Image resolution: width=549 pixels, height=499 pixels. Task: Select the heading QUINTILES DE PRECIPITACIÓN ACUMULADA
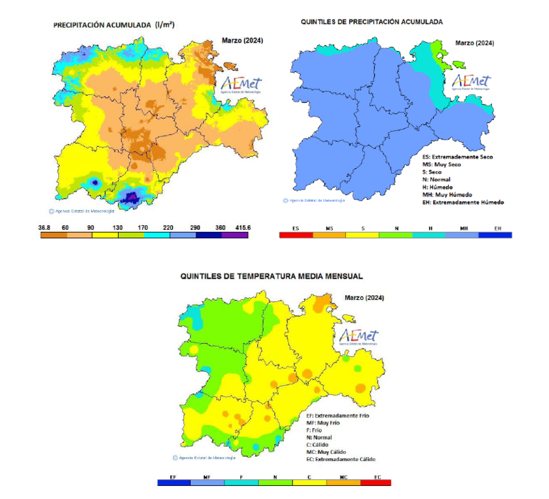tap(372, 22)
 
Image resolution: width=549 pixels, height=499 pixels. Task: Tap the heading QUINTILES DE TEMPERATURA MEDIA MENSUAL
tap(272, 276)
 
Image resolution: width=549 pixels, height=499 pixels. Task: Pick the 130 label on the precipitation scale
tap(118, 227)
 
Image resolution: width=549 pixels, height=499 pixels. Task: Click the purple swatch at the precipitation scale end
tap(235, 235)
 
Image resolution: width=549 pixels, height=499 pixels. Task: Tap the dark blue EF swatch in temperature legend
tap(174, 483)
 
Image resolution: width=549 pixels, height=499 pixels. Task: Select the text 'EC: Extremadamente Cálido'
tap(341, 459)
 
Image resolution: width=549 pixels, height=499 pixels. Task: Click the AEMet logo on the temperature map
tap(358, 338)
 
